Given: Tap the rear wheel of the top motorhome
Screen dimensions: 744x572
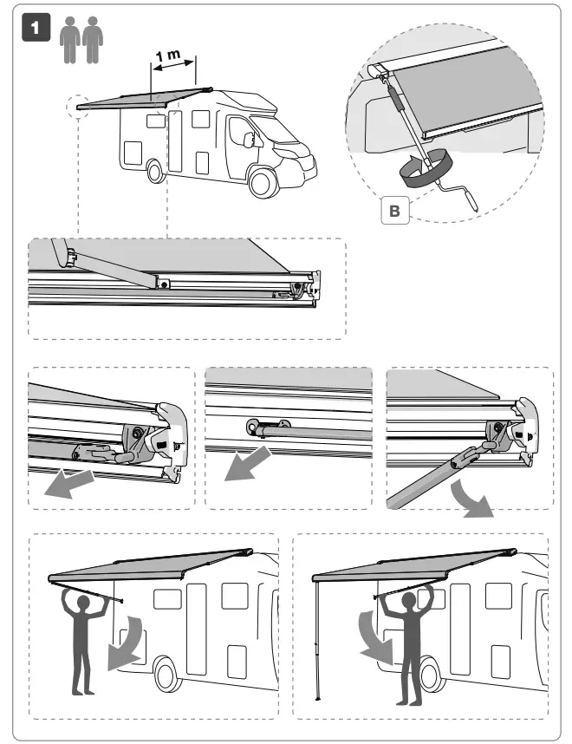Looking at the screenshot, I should pyautogui.click(x=155, y=171).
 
